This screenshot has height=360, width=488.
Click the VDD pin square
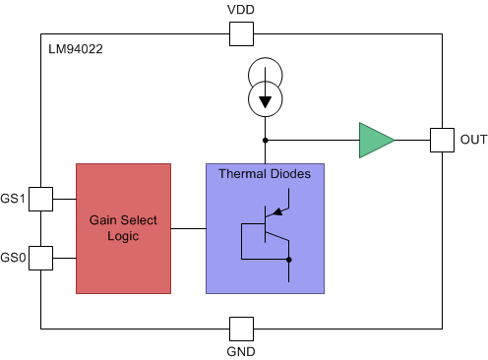[241, 34]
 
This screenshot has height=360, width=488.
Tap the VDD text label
[241, 10]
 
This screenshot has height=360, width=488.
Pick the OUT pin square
[442, 140]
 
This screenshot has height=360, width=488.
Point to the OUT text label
[472, 140]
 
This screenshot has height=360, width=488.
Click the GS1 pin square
[39, 199]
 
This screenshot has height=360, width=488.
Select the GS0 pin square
[39, 258]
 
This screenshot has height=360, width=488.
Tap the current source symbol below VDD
[264, 88]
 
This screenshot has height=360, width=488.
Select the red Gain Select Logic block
[123, 228]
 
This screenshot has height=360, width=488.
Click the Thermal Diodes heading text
[264, 174]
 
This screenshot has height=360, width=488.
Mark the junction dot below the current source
[264, 140]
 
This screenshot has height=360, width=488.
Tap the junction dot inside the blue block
[288, 260]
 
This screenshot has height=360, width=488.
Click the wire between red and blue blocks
[188, 228]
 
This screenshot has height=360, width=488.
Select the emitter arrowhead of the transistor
[280, 209]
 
